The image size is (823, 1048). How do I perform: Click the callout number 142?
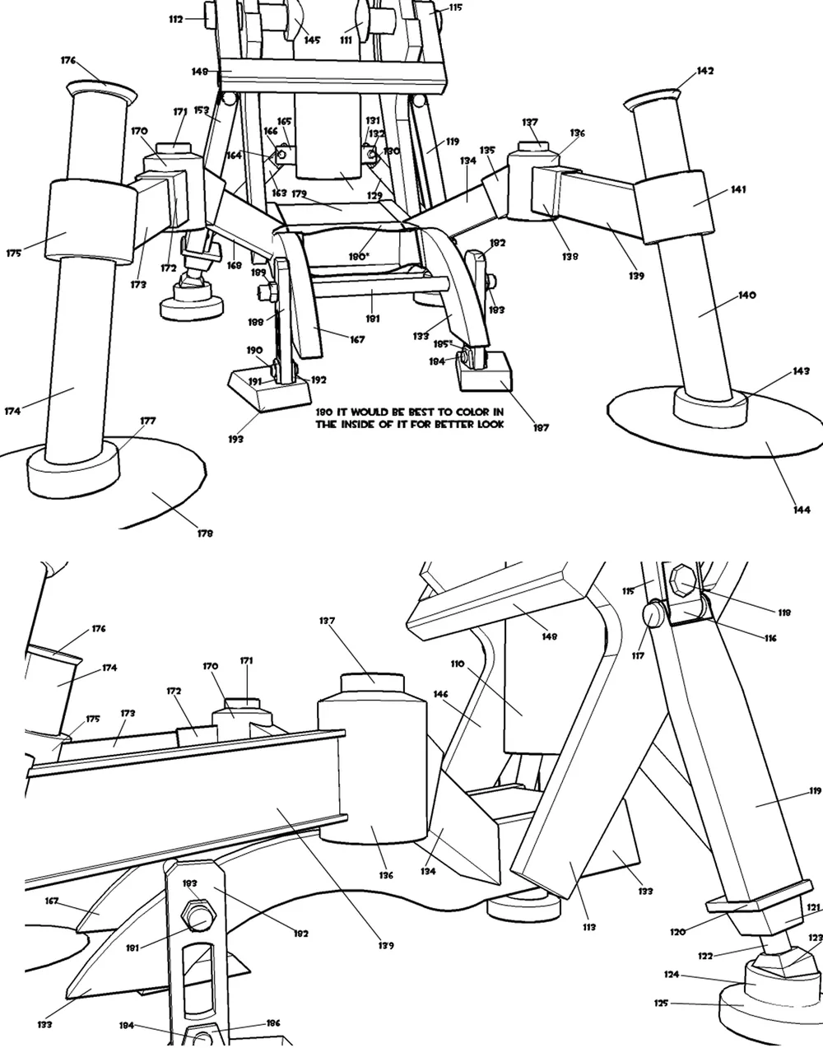click(x=704, y=71)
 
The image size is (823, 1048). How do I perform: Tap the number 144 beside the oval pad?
click(x=801, y=510)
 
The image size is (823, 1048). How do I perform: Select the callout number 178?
click(x=205, y=533)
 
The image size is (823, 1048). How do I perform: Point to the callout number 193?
click(x=235, y=439)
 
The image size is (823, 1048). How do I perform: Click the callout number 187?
click(x=541, y=427)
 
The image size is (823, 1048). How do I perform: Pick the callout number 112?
click(x=174, y=20)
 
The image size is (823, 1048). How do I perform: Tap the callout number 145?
click(x=311, y=40)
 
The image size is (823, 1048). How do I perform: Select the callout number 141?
click(x=737, y=189)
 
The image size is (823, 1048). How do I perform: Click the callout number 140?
click(x=746, y=295)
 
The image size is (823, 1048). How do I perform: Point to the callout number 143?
click(x=801, y=371)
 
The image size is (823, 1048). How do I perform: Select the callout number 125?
click(x=662, y=1003)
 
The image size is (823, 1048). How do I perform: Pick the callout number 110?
click(x=457, y=663)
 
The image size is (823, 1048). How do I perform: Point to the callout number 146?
click(x=440, y=695)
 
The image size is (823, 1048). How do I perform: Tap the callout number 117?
click(x=638, y=655)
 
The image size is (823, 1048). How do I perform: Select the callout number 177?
click(x=147, y=421)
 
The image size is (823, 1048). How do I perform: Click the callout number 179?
click(x=299, y=194)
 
